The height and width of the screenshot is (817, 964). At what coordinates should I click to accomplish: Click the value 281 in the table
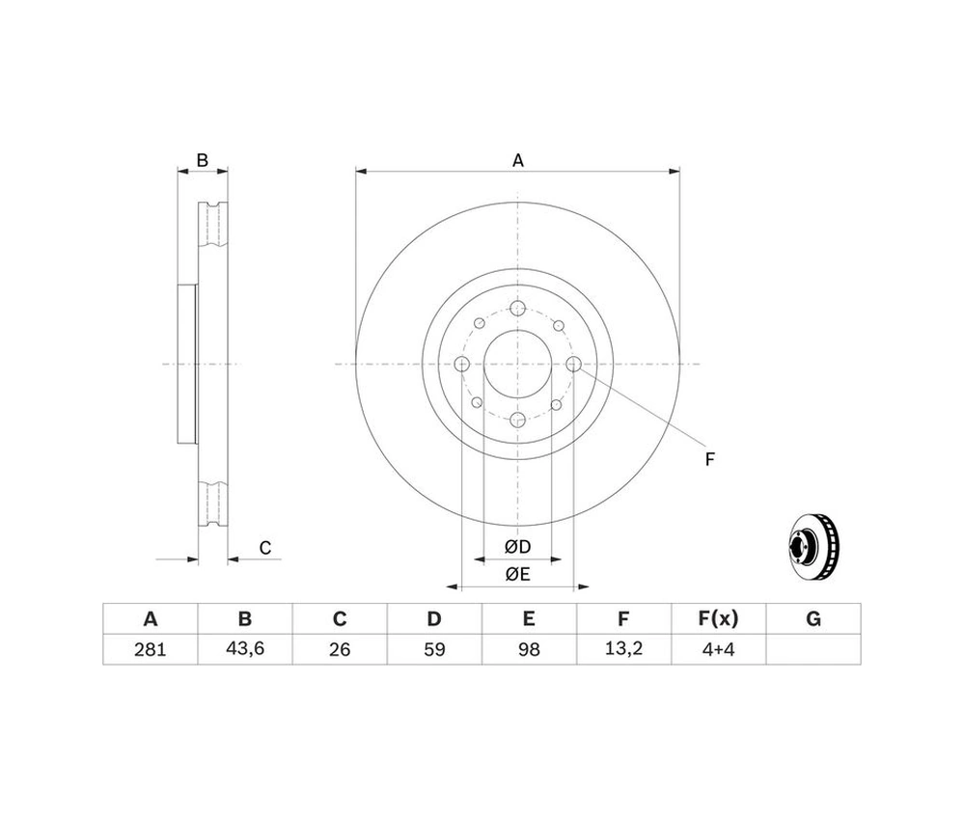(150, 649)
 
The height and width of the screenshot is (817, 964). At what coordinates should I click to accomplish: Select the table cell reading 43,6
(244, 649)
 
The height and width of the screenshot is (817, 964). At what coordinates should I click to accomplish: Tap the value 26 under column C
(339, 649)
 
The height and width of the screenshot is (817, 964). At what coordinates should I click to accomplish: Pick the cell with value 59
(433, 649)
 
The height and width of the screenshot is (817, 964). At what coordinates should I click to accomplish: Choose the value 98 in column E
(528, 649)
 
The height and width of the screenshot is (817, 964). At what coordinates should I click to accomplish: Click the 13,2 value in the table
(622, 649)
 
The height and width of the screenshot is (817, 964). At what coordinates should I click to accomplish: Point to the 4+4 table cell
(717, 649)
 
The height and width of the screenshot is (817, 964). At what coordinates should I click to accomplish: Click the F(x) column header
(717, 619)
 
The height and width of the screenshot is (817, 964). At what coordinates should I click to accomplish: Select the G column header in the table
(813, 619)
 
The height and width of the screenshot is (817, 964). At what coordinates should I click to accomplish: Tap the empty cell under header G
(813, 649)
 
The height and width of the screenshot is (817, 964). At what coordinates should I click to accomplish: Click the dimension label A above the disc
(517, 161)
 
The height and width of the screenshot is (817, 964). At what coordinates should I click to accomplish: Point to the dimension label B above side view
(203, 161)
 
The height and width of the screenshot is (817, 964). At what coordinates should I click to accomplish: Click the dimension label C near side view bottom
(265, 548)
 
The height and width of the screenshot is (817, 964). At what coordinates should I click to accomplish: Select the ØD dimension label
(517, 547)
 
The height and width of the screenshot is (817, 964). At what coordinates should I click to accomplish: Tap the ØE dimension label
(517, 575)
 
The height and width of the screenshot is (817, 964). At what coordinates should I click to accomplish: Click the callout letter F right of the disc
(709, 459)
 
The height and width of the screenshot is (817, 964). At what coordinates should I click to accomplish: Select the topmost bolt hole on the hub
(517, 309)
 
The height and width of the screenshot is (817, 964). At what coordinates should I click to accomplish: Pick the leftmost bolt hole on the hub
(461, 364)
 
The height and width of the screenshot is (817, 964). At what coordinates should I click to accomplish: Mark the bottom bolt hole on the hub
(517, 420)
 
